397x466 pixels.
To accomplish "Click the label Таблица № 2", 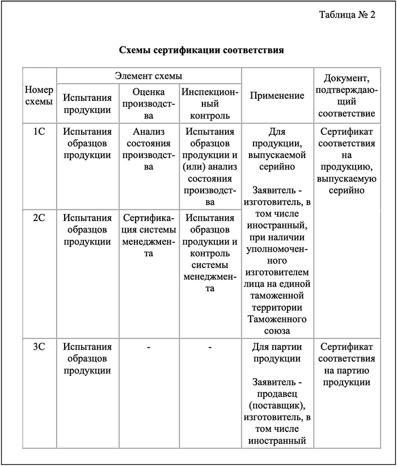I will (x=347, y=15).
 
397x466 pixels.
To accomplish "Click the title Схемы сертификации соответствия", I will (x=201, y=50).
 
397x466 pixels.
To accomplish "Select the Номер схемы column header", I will (x=39, y=95).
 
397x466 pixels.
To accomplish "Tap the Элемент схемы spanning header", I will (x=149, y=75).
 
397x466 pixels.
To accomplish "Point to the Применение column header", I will (x=277, y=95).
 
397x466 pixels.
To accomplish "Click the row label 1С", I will (x=39, y=132).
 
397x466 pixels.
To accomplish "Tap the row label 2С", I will (x=39, y=218).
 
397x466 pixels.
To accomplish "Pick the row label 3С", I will (x=39, y=346).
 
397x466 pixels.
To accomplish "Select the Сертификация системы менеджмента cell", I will (x=148, y=236).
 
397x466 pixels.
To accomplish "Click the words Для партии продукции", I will (x=277, y=353).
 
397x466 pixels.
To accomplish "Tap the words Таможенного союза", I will (x=277, y=325).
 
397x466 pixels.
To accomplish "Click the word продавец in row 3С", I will (x=277, y=393).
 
